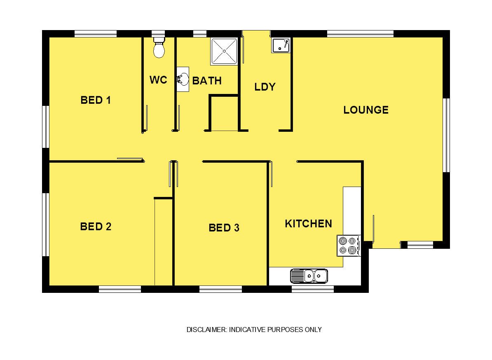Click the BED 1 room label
96,100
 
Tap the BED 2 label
96,227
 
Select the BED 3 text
224,228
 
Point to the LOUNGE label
366,110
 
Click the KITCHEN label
309,224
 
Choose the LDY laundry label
265,87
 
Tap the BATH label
207,81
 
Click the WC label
159,79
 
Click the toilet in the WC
159,48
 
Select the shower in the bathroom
224,51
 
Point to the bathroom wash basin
183,79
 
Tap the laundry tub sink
281,45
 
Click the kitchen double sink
309,276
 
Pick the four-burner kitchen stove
349,245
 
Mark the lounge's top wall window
360,34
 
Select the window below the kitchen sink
312,289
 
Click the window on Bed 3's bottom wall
220,289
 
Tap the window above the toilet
158,34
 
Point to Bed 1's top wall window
96,34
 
